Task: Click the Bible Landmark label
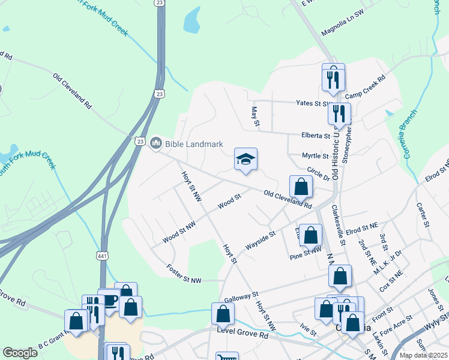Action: (194, 144)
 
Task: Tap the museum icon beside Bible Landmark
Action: (157, 142)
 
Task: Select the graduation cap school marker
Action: (246, 159)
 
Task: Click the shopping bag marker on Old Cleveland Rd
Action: (301, 187)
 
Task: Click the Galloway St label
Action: (241, 297)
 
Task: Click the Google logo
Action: (20, 353)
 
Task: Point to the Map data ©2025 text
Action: (423, 355)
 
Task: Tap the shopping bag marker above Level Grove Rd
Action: (223, 313)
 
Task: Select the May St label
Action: (255, 116)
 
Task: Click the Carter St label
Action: (424, 214)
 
